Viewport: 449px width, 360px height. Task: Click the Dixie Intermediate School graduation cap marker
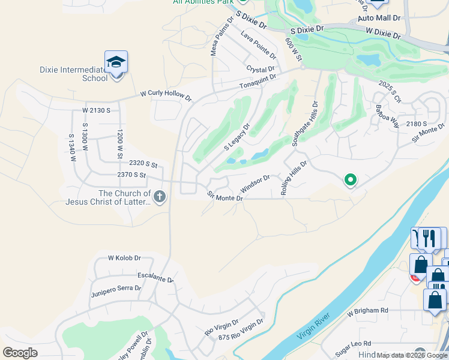coord(116,62)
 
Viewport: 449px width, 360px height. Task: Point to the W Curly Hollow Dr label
coord(166,95)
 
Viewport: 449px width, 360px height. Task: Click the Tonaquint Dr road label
coord(258,82)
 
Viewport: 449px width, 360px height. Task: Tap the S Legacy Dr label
coord(237,137)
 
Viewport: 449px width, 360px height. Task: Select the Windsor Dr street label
coord(256,181)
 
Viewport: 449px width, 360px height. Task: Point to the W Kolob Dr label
coord(124,258)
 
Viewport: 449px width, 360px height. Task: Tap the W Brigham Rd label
coord(368,311)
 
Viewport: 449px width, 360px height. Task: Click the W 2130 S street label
coord(97,110)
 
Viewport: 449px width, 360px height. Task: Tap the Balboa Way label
coord(387,117)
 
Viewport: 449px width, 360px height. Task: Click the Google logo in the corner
coord(20,353)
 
